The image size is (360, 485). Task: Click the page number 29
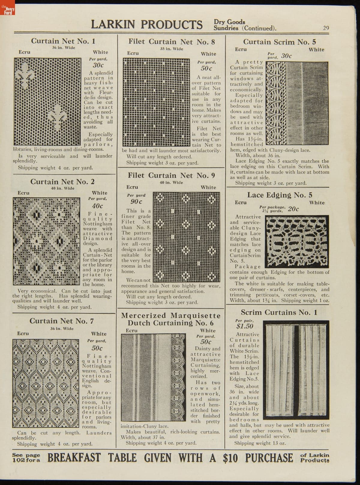(326, 28)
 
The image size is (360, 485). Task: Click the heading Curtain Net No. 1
(63, 41)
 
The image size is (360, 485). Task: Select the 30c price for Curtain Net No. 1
(98, 65)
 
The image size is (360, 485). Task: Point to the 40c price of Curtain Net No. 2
(97, 206)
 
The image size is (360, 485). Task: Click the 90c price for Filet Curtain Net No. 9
(136, 202)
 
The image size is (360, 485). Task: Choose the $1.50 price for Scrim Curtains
(244, 326)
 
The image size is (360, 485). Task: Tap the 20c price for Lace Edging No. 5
(293, 209)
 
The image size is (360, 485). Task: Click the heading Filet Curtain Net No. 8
(172, 41)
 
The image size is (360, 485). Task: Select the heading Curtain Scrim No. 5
(279, 42)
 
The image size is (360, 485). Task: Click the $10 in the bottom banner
(231, 458)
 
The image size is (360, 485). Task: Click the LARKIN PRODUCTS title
(146, 25)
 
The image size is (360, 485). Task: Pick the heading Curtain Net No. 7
(61, 321)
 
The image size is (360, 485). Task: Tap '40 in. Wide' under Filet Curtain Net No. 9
(171, 182)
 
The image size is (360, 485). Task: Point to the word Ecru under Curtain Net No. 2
(23, 193)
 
